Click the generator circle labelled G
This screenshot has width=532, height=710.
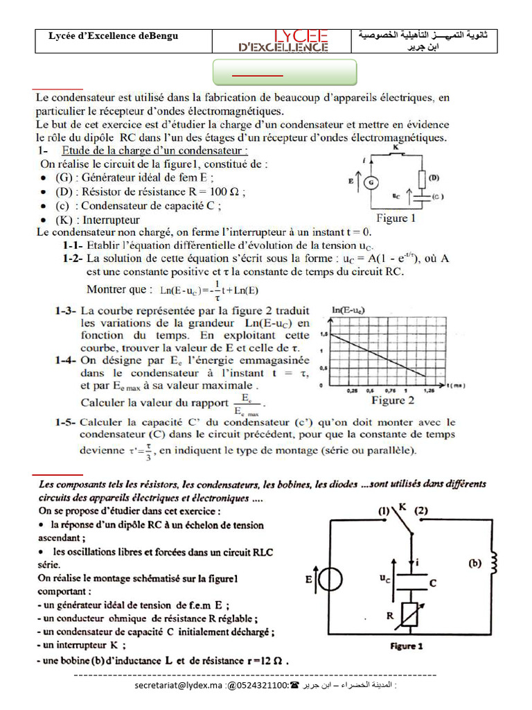click(371, 182)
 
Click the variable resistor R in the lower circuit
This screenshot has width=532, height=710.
click(410, 614)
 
